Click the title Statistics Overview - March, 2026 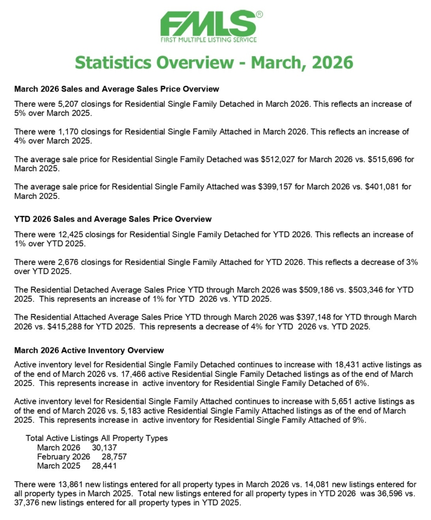[214, 62]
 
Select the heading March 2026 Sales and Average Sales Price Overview [116, 89]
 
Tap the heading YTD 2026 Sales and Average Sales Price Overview [113, 219]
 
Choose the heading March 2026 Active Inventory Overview [89, 350]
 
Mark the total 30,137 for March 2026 [104, 447]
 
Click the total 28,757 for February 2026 [113, 456]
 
